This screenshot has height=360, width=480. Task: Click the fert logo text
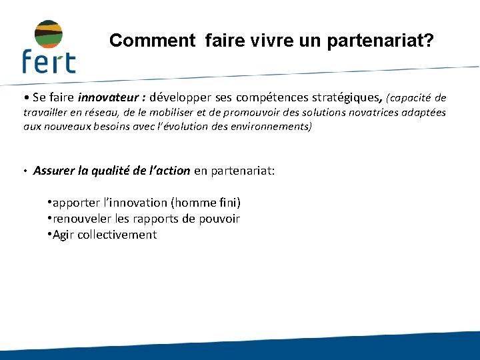[x=48, y=61]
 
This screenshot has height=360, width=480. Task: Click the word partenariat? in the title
[x=381, y=41]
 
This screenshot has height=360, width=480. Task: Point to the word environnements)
[x=269, y=126]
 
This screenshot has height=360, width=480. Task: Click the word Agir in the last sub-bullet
[x=63, y=235]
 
